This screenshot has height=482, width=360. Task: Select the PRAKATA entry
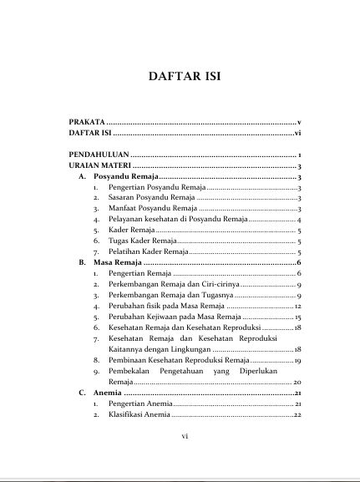(x=87, y=122)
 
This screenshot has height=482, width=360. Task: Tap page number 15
(x=297, y=318)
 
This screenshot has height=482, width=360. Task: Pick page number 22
(x=297, y=415)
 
